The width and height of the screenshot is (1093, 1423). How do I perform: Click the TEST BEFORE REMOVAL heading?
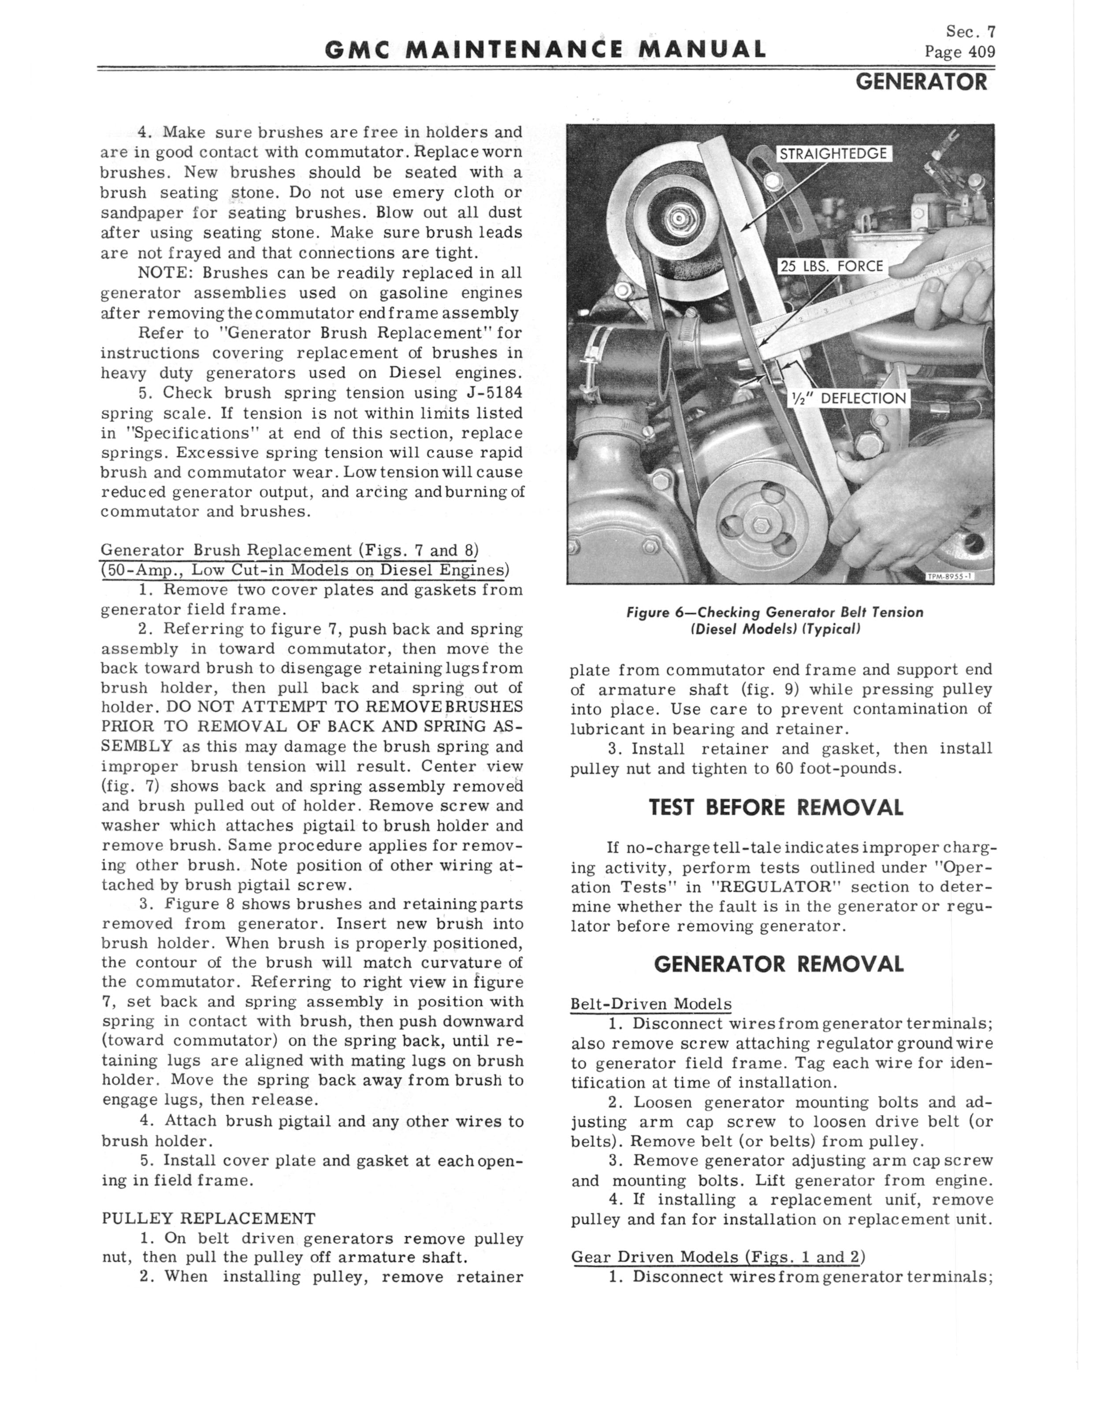[776, 808]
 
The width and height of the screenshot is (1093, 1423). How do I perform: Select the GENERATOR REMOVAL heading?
[779, 964]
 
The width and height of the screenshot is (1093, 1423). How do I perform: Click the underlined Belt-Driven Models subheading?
[651, 1004]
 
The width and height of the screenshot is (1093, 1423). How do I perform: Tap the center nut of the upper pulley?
[677, 219]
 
